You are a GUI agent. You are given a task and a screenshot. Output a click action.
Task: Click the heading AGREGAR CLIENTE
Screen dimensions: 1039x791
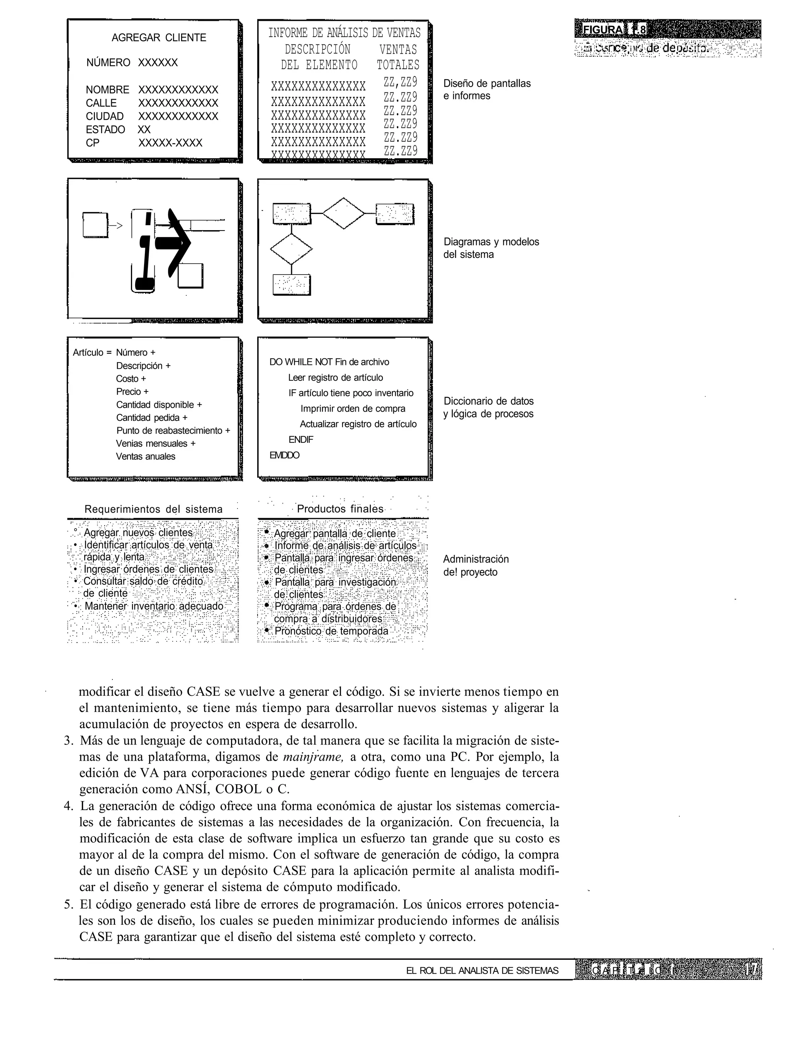pyautogui.click(x=159, y=38)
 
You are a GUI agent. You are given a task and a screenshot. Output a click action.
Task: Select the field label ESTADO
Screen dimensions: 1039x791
pyautogui.click(x=105, y=129)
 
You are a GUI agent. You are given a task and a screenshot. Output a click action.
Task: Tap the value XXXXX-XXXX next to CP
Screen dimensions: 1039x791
pyautogui.click(x=170, y=143)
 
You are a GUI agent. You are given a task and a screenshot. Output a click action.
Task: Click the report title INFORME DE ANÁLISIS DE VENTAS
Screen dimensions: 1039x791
pyautogui.click(x=344, y=33)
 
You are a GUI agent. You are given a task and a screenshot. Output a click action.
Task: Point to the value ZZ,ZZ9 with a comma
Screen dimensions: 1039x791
pyautogui.click(x=400, y=83)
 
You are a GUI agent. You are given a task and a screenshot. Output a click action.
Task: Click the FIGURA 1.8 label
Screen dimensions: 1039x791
pyautogui.click(x=611, y=30)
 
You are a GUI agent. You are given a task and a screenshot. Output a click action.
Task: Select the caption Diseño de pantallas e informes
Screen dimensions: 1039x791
pyautogui.click(x=486, y=90)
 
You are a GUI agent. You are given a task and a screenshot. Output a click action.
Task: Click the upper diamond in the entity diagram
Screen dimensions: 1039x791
pyautogui.click(x=344, y=213)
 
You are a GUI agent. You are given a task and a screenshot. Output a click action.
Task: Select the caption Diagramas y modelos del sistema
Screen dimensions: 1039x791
pyautogui.click(x=491, y=248)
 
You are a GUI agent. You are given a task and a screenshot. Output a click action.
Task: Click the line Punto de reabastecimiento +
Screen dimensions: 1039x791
pyautogui.click(x=173, y=431)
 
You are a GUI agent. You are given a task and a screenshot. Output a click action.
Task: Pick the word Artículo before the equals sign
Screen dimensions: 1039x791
pyautogui.click(x=88, y=353)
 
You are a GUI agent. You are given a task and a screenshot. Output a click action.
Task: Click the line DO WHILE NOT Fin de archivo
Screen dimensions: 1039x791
pyautogui.click(x=329, y=362)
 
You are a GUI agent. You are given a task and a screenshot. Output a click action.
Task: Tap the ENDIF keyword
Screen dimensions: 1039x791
pyautogui.click(x=300, y=439)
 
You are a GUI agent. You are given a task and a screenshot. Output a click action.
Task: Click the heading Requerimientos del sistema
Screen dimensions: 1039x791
pyautogui.click(x=153, y=509)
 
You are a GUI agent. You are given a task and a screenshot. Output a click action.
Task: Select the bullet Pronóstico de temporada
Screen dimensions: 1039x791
pyautogui.click(x=331, y=631)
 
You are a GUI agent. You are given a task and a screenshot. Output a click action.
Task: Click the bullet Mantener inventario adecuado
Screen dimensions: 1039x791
pyautogui.click(x=153, y=606)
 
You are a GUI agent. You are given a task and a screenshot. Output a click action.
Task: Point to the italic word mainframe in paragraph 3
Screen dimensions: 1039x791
pyautogui.click(x=312, y=757)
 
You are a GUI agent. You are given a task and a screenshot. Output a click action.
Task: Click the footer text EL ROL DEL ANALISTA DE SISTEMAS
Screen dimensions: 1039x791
pyautogui.click(x=482, y=970)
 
